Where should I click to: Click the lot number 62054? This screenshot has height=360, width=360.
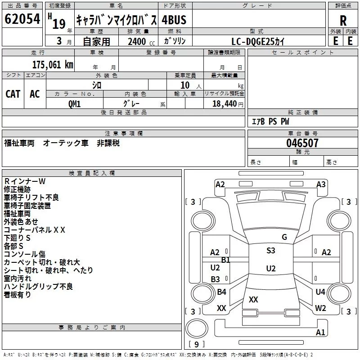(22, 19)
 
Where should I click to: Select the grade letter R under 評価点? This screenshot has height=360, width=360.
(343, 21)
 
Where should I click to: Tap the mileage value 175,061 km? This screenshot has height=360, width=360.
(53, 65)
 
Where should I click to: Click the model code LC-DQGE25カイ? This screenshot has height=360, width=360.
(258, 41)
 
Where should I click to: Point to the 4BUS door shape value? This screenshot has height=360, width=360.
(174, 20)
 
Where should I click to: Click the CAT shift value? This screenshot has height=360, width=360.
(13, 94)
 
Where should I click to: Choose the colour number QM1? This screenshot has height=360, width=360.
(74, 104)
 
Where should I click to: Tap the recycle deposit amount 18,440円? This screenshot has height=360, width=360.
(228, 104)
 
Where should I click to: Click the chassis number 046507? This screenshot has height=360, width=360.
(302, 143)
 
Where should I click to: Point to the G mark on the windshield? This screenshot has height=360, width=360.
(284, 237)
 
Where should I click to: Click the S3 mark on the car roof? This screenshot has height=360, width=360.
(271, 251)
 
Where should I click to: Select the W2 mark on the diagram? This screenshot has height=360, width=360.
(320, 308)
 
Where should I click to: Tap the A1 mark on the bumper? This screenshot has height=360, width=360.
(320, 332)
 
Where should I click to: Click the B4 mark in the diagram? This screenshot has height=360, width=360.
(221, 292)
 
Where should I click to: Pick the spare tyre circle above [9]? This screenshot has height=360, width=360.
(197, 328)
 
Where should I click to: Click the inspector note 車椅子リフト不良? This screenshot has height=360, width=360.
(31, 198)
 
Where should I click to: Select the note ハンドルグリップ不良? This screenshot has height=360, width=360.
(38, 287)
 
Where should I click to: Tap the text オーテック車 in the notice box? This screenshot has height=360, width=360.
(66, 143)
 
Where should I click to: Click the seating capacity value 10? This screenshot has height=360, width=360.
(185, 85)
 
